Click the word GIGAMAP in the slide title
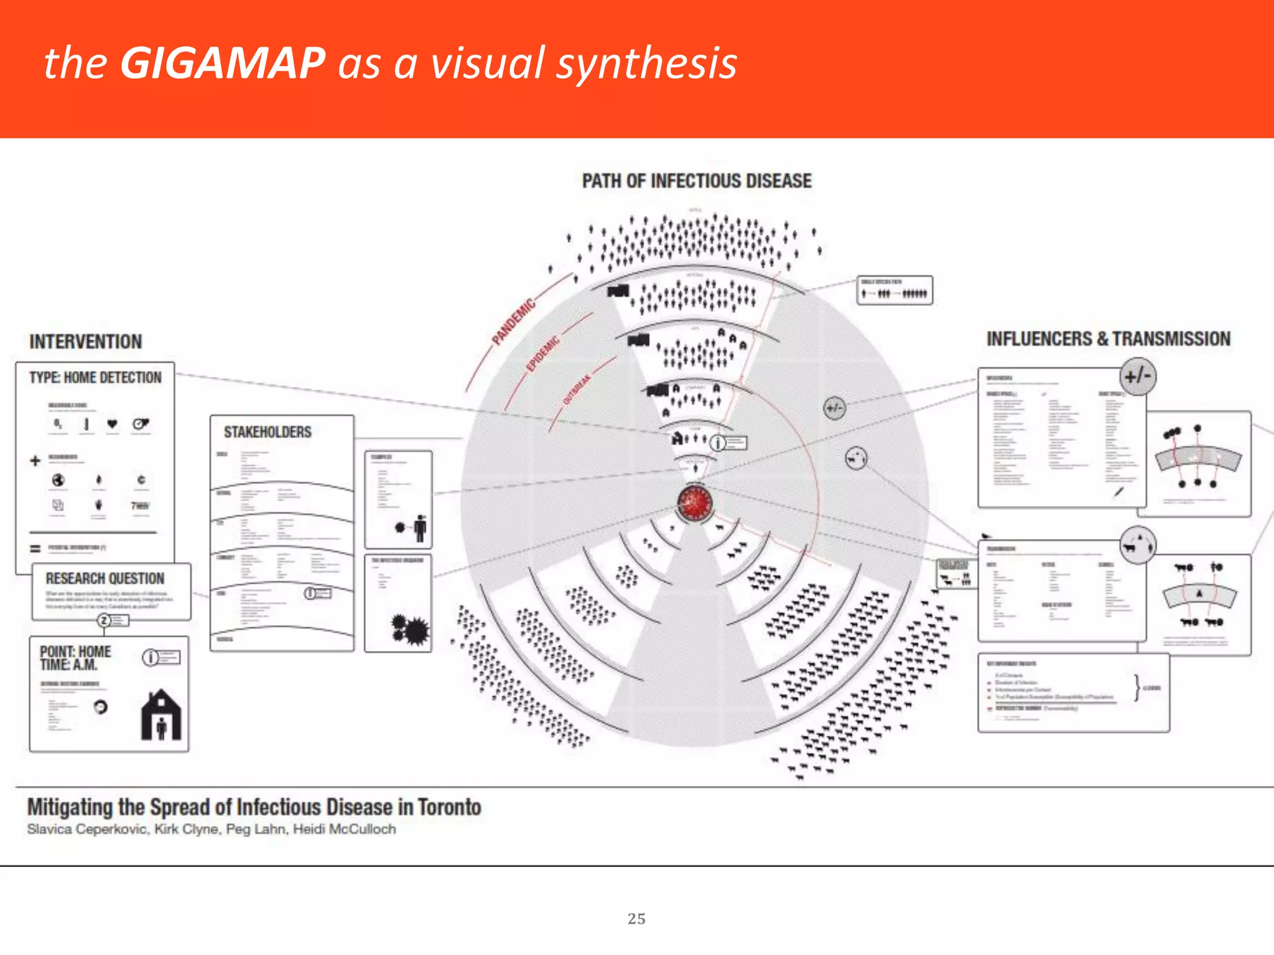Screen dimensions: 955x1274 click(x=222, y=63)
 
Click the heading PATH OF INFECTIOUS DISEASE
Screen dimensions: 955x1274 click(x=696, y=181)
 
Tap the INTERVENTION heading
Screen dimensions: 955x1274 click(x=85, y=341)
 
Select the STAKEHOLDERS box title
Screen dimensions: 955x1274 click(x=267, y=431)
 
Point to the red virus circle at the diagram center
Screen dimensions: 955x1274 click(x=694, y=502)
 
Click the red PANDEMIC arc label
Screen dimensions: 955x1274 click(x=513, y=321)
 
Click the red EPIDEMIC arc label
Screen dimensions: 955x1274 click(x=543, y=354)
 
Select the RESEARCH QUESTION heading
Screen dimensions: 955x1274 click(x=105, y=578)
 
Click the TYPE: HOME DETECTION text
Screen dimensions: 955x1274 click(x=95, y=377)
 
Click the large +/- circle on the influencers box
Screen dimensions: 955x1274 click(x=1138, y=376)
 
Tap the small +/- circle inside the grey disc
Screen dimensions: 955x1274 click(x=834, y=408)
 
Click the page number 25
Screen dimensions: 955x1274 click(x=636, y=918)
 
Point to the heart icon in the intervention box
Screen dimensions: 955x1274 click(x=112, y=424)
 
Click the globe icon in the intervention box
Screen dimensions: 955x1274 click(x=58, y=480)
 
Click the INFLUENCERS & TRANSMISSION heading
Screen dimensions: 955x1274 click(x=1108, y=339)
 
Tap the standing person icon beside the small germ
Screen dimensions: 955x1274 click(x=421, y=528)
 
